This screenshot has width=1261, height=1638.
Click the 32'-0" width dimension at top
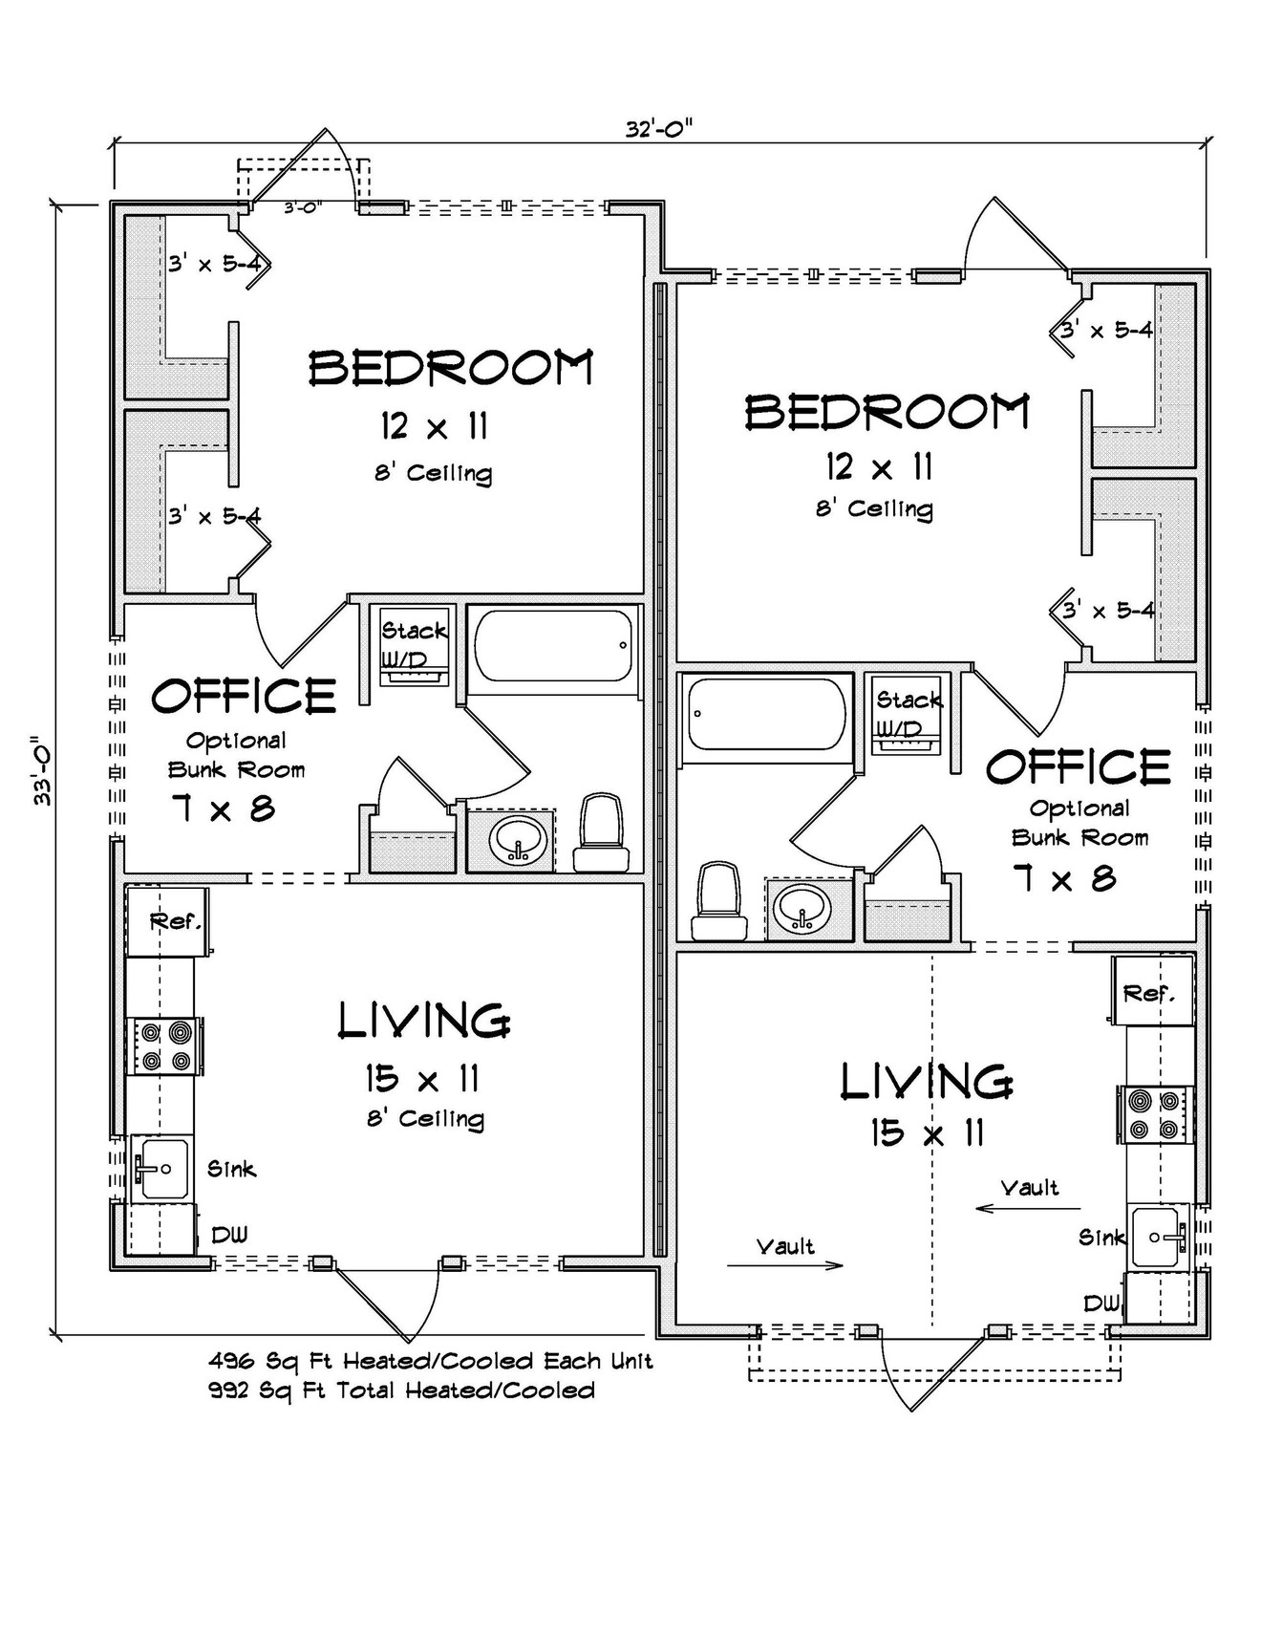pyautogui.click(x=658, y=129)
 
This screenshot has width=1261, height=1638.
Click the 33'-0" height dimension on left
pyautogui.click(x=43, y=770)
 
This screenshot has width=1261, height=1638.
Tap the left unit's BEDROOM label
pyautogui.click(x=451, y=368)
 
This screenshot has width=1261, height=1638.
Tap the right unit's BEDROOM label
pyautogui.click(x=887, y=413)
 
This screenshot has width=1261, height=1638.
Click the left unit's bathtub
pyautogui.click(x=553, y=646)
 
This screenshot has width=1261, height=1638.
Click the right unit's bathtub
pyautogui.click(x=764, y=714)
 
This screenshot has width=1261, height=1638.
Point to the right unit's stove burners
pyautogui.click(x=1154, y=1114)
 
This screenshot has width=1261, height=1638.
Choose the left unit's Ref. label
pyautogui.click(x=175, y=922)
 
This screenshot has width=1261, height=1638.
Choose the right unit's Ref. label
pyautogui.click(x=1148, y=993)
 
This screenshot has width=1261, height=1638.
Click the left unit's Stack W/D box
pyautogui.click(x=414, y=645)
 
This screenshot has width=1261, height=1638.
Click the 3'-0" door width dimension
pyautogui.click(x=304, y=206)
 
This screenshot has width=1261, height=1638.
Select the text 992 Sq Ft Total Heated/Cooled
pyautogui.click(x=401, y=1390)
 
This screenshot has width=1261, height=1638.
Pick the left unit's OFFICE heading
pyautogui.click(x=244, y=697)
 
